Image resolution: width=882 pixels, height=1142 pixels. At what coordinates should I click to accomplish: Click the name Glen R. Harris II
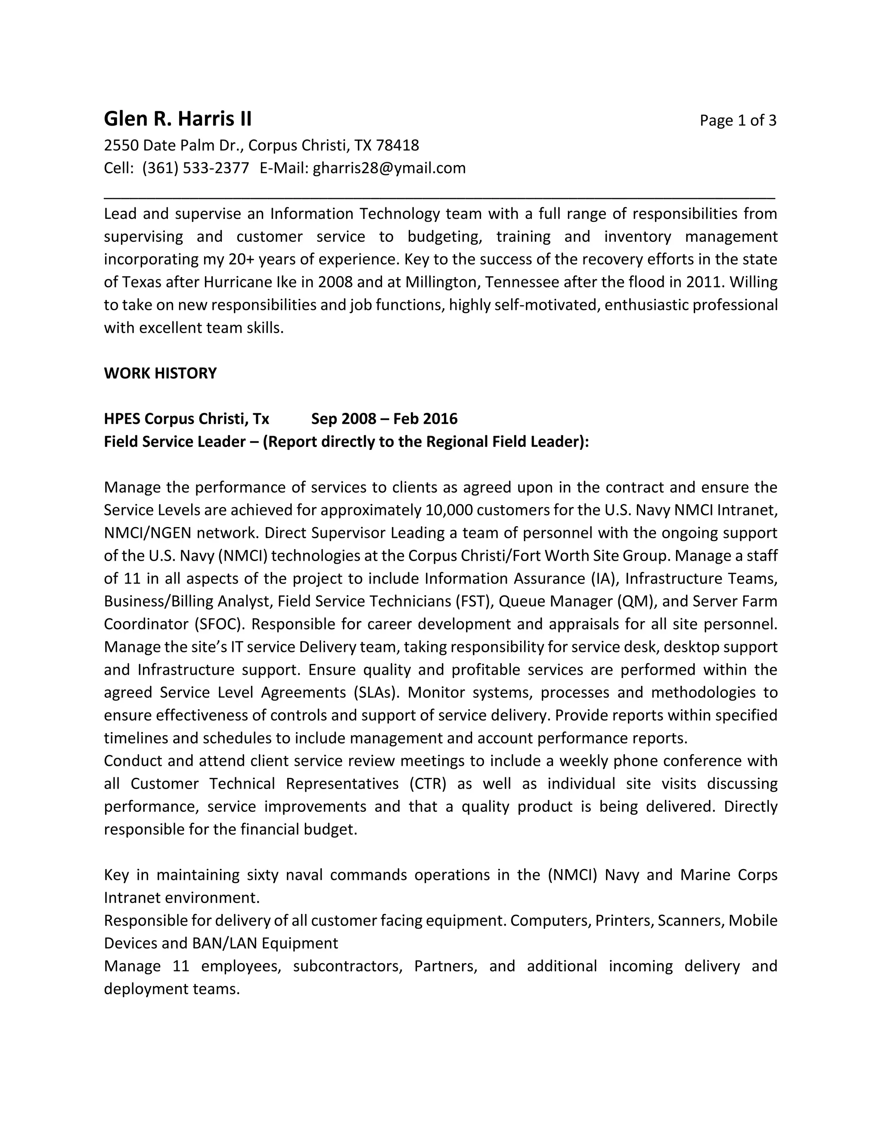(x=178, y=119)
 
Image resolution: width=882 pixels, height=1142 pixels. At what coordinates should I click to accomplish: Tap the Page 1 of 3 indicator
(x=737, y=121)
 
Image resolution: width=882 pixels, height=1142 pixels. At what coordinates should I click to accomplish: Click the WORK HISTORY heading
(x=160, y=373)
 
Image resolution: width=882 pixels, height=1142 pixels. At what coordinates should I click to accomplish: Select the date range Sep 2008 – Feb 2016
(x=384, y=419)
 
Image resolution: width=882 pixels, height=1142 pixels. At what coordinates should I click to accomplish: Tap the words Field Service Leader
(x=174, y=442)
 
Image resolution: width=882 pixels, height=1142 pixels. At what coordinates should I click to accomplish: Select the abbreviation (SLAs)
(x=376, y=693)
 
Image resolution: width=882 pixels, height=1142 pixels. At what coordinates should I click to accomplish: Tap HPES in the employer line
(x=122, y=419)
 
